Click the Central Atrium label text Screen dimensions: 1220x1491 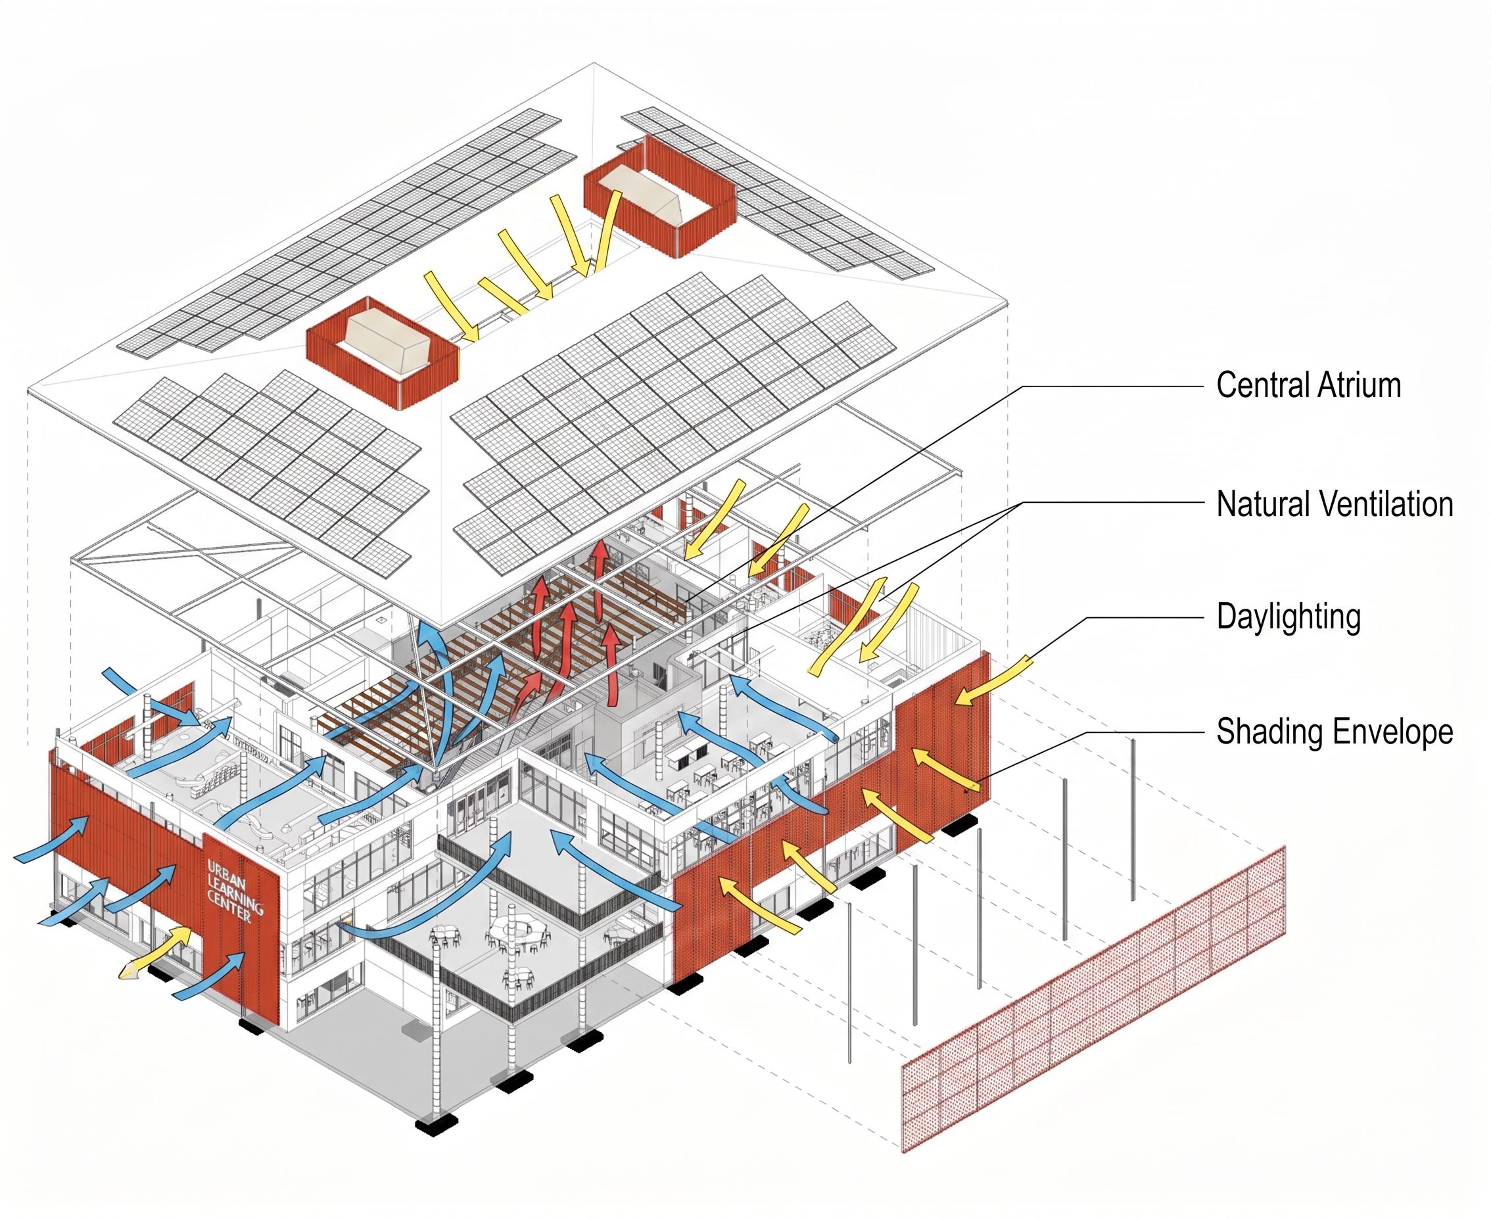[x=1308, y=385]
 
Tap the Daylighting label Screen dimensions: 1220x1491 [x=1288, y=617]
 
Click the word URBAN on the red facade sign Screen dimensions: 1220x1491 [x=226, y=876]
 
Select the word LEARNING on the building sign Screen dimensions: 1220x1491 [x=235, y=894]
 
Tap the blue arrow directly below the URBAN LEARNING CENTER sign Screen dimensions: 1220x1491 [x=211, y=975]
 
